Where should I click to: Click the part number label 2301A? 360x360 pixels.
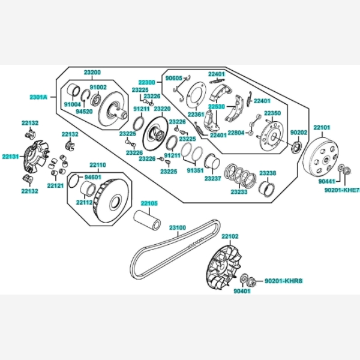pos(38,97)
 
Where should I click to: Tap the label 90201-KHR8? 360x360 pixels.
pos(284,281)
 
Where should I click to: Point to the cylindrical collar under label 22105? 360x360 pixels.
pos(147,220)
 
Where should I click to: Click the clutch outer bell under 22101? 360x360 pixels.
pos(321,157)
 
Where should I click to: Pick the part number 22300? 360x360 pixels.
pos(147,82)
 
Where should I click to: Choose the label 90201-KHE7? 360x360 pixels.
pos(341,190)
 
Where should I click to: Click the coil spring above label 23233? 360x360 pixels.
pos(240,175)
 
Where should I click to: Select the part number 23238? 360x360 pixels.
pos(268,173)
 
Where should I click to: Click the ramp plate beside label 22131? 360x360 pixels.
pos(36,157)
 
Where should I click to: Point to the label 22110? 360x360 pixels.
pos(98,165)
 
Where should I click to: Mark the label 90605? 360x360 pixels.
pos(174,78)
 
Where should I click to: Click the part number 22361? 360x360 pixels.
pos(196,115)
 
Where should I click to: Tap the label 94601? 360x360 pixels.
pos(93,177)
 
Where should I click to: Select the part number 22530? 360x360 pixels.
pos(217,107)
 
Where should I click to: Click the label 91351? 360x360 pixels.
pos(195,170)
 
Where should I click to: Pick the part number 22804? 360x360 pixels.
pos(236,133)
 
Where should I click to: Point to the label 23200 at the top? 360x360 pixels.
pos(92,73)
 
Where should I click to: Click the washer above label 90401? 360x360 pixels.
pos(244,278)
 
